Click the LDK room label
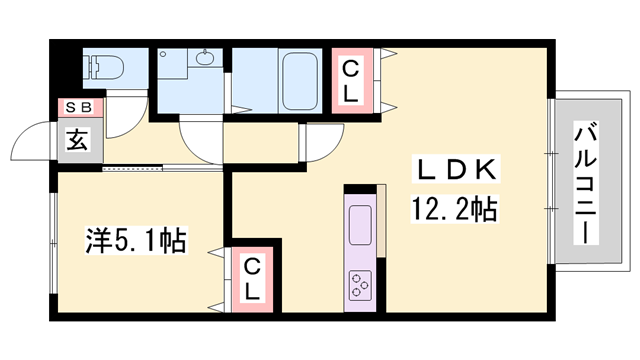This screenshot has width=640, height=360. pos(452,171)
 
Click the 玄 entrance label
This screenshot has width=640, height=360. pos(78,139)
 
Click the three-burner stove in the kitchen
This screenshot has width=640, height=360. pos(360,285)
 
